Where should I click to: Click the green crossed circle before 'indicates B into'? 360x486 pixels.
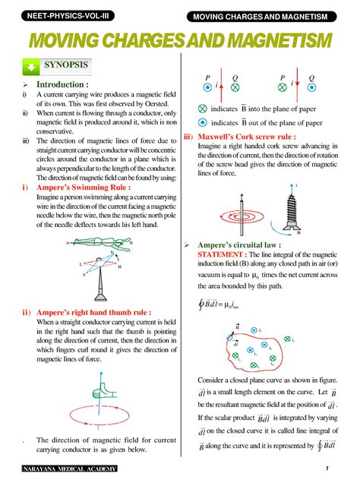(202, 108)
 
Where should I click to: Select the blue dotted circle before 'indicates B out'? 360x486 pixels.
(202, 121)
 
